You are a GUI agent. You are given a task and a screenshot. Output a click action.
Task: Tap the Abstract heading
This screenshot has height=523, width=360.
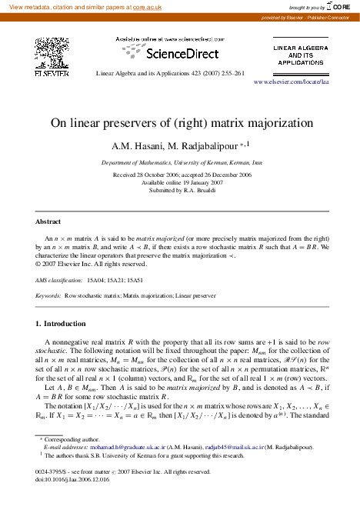coord(48,221)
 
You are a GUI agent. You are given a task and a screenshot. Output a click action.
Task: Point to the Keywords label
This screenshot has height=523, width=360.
coord(48,295)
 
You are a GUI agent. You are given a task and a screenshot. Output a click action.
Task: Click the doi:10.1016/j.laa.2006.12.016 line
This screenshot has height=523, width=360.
coord(73,500)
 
